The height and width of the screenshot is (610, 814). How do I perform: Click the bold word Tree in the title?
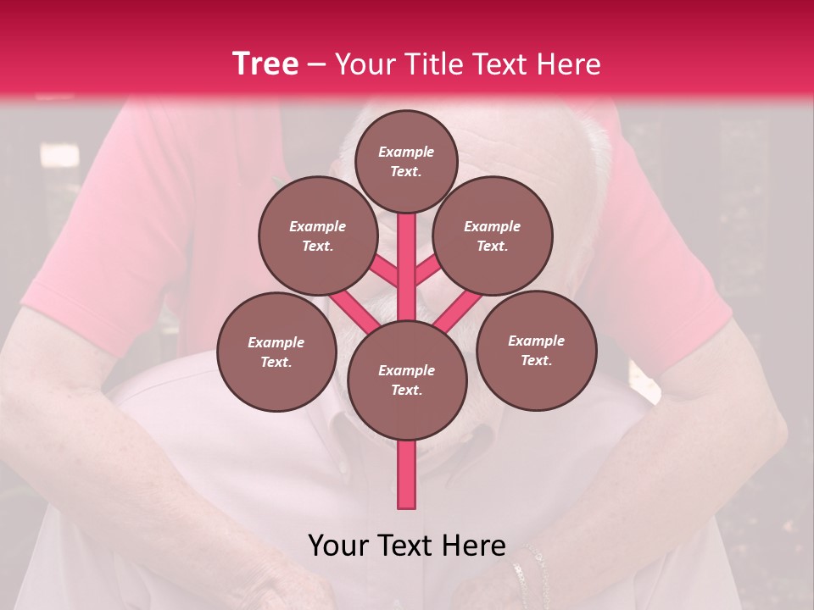click(x=265, y=64)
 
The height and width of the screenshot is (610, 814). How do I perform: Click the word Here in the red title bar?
click(x=569, y=64)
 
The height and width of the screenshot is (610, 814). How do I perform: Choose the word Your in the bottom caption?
click(x=338, y=546)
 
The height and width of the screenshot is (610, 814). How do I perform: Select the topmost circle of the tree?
click(x=406, y=161)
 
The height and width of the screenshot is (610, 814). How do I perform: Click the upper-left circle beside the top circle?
click(x=318, y=236)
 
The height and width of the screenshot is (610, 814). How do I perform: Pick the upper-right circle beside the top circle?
click(x=492, y=236)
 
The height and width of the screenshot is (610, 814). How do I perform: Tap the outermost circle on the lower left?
click(x=276, y=352)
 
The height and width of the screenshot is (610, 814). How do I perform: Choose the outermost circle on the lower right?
click(x=536, y=350)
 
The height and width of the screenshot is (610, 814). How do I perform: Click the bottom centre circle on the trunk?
click(x=407, y=380)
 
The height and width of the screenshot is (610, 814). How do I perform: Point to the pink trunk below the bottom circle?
click(x=407, y=474)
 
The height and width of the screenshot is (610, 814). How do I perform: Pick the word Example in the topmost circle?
click(x=406, y=152)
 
